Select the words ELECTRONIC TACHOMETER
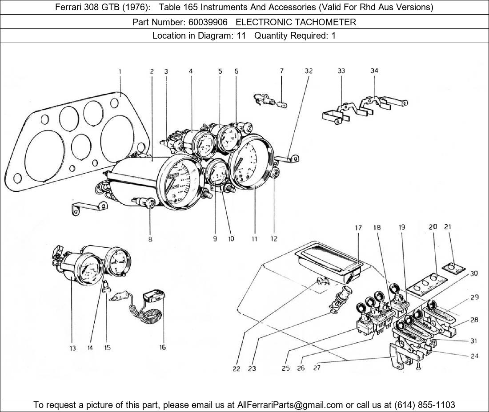coord(296,22)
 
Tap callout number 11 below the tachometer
coord(254,238)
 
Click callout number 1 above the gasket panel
coord(120,71)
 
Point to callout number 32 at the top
coord(309,71)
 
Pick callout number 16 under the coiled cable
coord(163,347)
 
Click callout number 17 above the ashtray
coord(358,228)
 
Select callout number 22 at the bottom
coord(236,368)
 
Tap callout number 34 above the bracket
coord(374,71)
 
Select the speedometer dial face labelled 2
coord(180,182)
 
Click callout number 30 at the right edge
coord(473,273)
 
